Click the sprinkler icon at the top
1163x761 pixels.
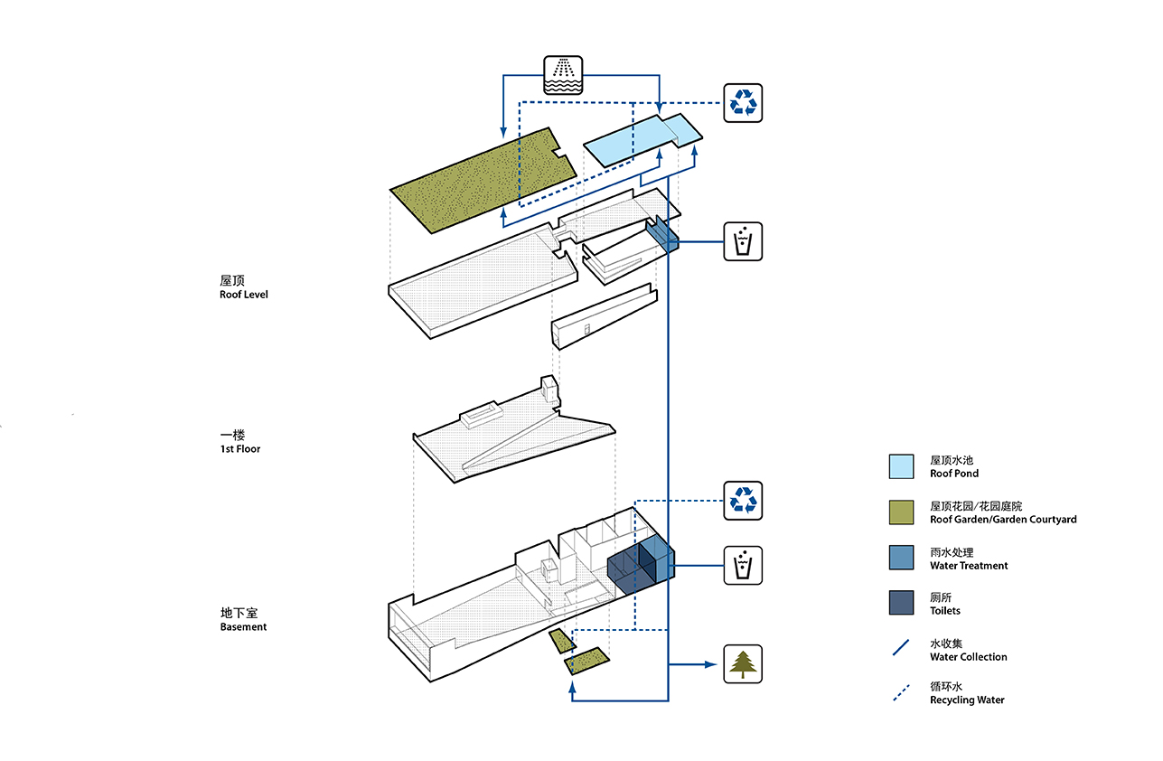(x=562, y=75)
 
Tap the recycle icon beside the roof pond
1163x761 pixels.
(x=743, y=102)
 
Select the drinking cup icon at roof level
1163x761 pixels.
(x=743, y=241)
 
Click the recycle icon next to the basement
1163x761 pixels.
(x=743, y=501)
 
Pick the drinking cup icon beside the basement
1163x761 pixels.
(x=743, y=566)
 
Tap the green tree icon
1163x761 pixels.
(x=743, y=663)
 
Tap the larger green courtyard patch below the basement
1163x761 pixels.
(x=586, y=662)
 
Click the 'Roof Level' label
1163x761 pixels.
(x=243, y=295)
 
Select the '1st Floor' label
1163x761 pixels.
(x=239, y=448)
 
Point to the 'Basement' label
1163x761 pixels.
(x=243, y=626)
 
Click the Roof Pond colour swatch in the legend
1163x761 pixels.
(x=901, y=465)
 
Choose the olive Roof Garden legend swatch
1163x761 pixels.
(x=901, y=512)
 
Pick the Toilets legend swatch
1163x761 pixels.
(x=901, y=603)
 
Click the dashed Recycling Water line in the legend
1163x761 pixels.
(x=900, y=693)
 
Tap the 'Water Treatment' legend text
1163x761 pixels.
(x=969, y=566)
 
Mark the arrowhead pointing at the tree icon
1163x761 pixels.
(x=710, y=664)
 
